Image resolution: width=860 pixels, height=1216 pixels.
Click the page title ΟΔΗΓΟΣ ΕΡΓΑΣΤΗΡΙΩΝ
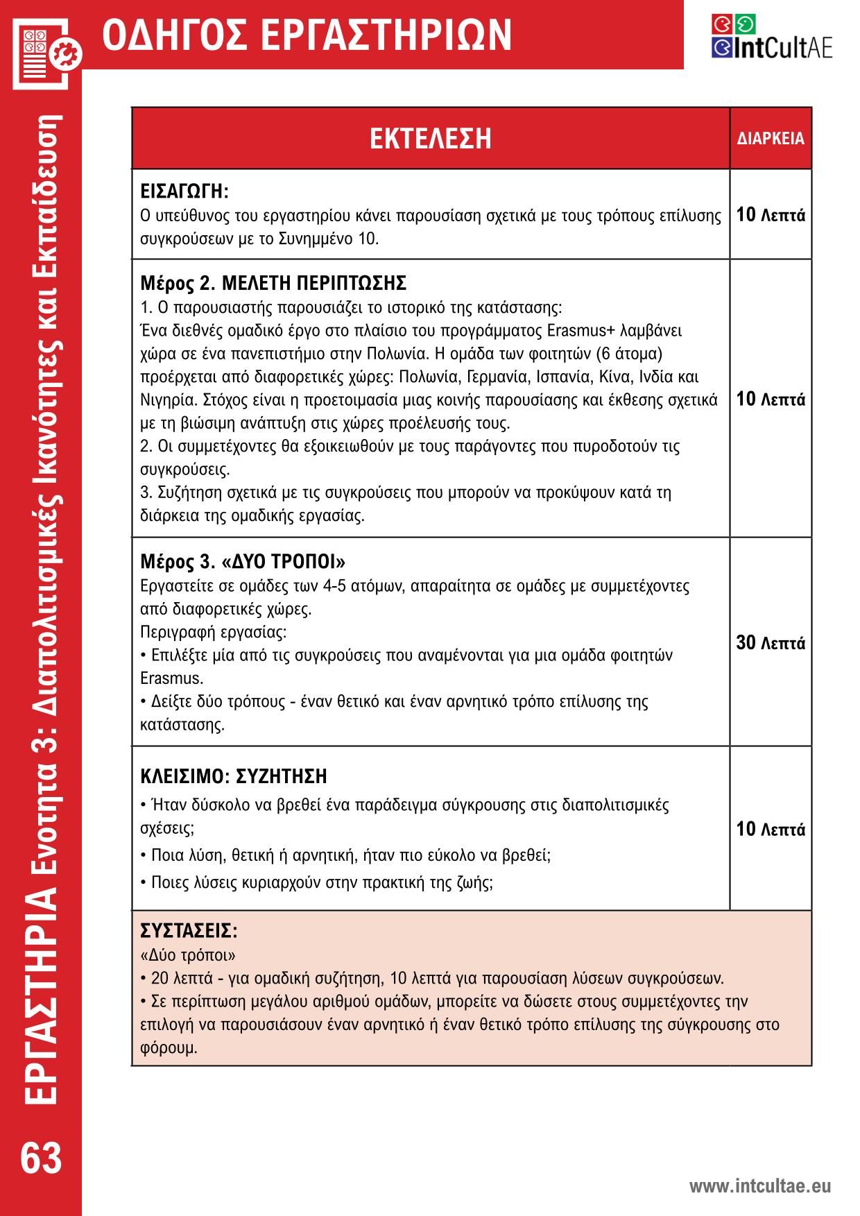coord(307,35)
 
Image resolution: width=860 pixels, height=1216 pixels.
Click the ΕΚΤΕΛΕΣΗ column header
coord(430,138)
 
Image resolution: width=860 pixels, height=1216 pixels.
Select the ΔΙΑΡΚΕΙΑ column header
coord(771,139)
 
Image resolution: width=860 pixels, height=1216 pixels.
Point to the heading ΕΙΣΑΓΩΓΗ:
coord(184,191)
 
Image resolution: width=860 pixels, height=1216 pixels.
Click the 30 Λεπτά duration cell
coord(771,643)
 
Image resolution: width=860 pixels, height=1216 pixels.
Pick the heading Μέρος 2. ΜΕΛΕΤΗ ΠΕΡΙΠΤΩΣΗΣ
coord(273,283)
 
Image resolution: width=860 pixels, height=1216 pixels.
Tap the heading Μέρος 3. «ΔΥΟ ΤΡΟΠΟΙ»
coord(243,560)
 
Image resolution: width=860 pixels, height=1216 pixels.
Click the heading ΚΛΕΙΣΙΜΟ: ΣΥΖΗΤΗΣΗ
coord(234,776)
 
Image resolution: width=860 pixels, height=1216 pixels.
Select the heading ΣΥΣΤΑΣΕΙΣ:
coord(189,930)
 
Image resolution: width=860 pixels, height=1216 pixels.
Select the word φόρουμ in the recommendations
coord(169,1047)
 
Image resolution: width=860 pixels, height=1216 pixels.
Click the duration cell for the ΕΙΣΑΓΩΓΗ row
coord(771,215)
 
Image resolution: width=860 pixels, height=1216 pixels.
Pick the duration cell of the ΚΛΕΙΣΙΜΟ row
coord(771,829)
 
